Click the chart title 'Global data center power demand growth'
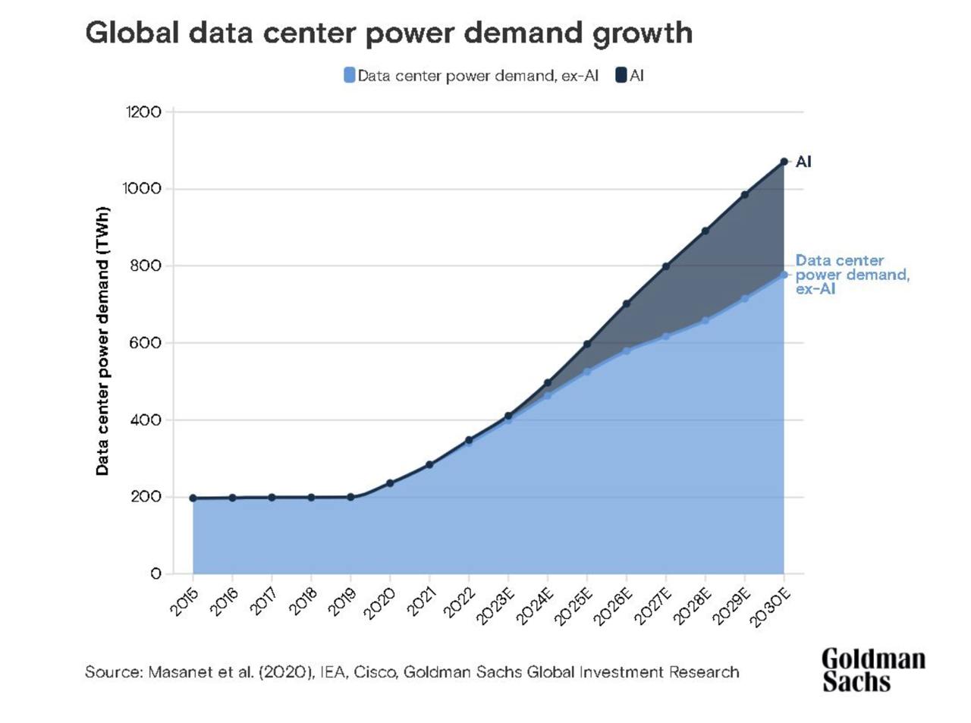pyautogui.click(x=388, y=33)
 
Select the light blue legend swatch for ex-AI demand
pyautogui.click(x=349, y=75)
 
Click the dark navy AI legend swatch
pyautogui.click(x=621, y=75)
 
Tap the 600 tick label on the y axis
pyautogui.click(x=145, y=343)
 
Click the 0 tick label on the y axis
pyautogui.click(x=156, y=574)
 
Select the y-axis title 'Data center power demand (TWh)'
pyautogui.click(x=102, y=341)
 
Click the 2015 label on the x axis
pyautogui.click(x=183, y=602)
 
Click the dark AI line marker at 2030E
pyautogui.click(x=784, y=162)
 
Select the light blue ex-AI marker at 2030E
pyautogui.click(x=784, y=275)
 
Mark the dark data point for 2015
pyautogui.click(x=193, y=498)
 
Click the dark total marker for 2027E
pyautogui.click(x=666, y=266)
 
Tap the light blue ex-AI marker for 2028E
pyautogui.click(x=705, y=320)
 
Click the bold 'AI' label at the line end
pyautogui.click(x=803, y=162)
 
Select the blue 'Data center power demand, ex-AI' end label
pyautogui.click(x=851, y=274)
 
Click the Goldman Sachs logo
pyautogui.click(x=873, y=670)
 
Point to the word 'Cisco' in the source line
pyautogui.click(x=375, y=672)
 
